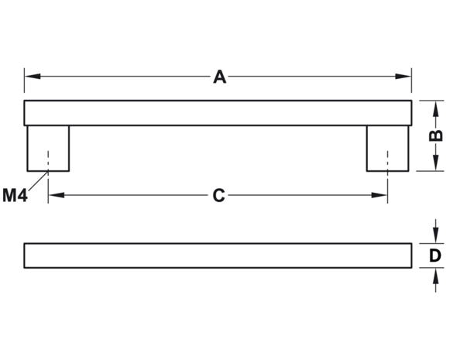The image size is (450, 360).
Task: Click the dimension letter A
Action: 219,77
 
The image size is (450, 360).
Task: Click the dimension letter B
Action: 435,135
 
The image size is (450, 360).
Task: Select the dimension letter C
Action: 218,195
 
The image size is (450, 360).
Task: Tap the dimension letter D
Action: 435,255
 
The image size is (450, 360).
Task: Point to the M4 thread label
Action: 15,195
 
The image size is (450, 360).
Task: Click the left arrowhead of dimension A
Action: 33,77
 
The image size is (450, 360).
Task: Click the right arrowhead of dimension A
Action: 404,77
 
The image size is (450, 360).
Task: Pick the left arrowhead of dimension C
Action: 57,195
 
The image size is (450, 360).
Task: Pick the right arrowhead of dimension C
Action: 379,195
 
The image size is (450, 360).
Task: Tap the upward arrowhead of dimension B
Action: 435,109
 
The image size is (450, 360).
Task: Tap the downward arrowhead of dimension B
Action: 435,163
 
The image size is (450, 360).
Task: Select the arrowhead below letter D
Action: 435,276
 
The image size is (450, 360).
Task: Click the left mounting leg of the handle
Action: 48,149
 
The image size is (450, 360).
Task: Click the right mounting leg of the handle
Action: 388,149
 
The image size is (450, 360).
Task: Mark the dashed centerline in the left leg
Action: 48,177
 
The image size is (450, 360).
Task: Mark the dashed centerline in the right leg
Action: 388,177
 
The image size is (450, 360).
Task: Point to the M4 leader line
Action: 38,180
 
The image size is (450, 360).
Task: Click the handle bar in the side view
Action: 218,113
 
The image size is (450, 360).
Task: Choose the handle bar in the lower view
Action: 218,255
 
